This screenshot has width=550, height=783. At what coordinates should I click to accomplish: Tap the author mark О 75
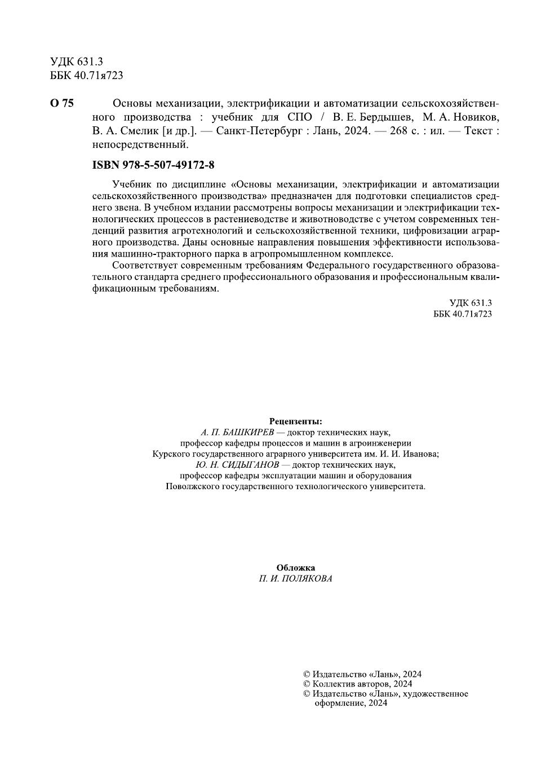click(x=62, y=103)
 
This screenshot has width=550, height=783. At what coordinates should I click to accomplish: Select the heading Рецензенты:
click(x=296, y=421)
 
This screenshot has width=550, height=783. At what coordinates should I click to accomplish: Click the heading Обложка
click(x=296, y=568)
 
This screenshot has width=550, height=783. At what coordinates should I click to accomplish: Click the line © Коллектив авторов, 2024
click(x=357, y=684)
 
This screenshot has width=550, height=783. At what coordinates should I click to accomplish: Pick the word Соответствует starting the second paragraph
click(x=143, y=265)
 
